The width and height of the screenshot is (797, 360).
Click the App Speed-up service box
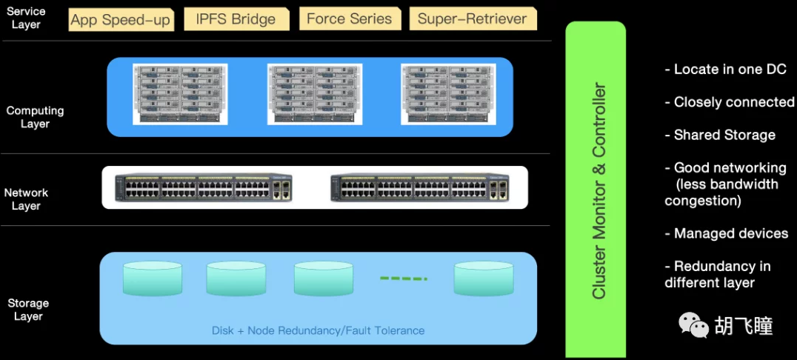coord(121,19)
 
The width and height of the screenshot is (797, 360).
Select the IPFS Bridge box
coord(235,19)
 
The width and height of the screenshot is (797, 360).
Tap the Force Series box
coord(350,19)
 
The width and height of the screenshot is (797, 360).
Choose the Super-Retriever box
coord(473,19)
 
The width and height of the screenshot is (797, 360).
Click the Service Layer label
coord(26,18)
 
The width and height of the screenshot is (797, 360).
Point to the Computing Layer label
coord(35,117)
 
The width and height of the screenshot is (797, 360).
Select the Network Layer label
coord(26,199)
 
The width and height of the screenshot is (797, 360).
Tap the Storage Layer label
coord(28,310)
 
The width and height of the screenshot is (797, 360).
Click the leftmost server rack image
coord(180,94)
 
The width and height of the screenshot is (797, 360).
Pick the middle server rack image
coord(314,94)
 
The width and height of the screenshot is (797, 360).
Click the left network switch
coord(203,188)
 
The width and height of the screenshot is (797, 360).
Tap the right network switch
coord(420,188)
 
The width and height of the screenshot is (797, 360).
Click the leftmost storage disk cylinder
coord(152,279)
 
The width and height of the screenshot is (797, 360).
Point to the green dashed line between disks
coord(404,279)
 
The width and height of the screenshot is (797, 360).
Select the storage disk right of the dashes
coord(484,279)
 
